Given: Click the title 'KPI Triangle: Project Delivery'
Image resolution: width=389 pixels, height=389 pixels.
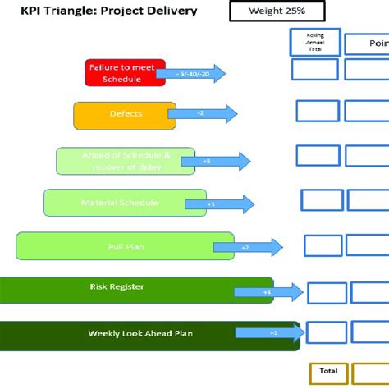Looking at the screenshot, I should [108, 11].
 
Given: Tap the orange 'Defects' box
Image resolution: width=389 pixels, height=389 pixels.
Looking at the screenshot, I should [125, 115].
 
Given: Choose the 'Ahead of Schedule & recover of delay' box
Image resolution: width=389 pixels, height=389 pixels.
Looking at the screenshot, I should [125, 161].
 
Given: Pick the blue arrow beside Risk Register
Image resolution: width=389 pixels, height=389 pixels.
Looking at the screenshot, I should [268, 291].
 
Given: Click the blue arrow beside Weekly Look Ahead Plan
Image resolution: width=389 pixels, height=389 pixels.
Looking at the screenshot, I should [270, 332].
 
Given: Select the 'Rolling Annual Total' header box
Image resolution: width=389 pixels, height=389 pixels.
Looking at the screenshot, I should [315, 42].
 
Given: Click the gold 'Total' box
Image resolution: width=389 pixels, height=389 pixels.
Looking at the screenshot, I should [329, 373].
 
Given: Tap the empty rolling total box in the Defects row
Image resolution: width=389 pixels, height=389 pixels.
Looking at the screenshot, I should [318, 111].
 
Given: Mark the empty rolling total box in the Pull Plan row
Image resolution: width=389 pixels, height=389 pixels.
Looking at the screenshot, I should [323, 245].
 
